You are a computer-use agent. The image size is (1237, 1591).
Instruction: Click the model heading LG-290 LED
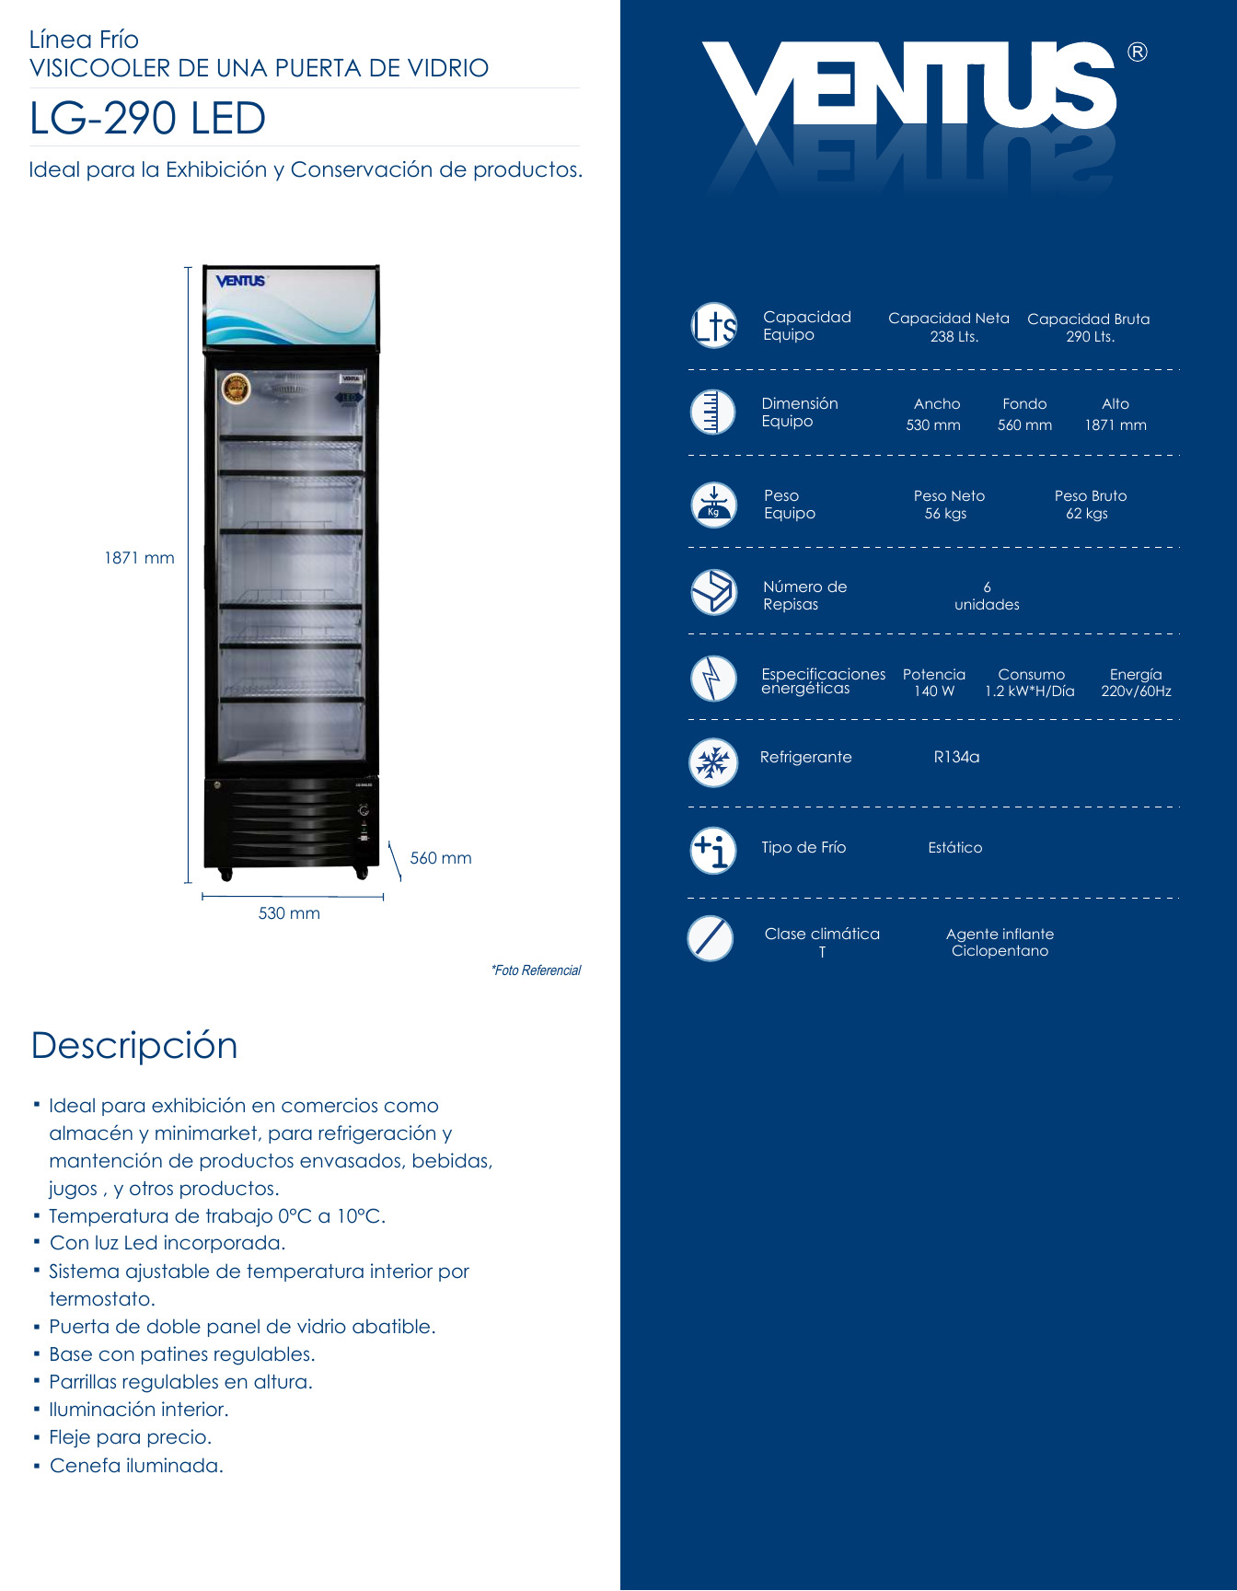coord(147,119)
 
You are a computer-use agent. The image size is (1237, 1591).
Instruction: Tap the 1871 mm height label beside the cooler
coord(139,558)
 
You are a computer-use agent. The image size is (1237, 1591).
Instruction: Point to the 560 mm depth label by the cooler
coord(440,858)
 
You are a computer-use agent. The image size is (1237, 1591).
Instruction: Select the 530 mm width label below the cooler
coord(289,913)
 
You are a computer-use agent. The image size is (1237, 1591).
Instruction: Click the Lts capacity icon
coord(714,326)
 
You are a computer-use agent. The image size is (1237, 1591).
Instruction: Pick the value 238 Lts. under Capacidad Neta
coord(954,337)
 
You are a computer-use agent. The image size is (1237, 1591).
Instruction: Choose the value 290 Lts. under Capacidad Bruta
coord(1090,337)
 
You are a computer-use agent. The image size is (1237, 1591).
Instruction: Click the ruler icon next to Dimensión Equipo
coord(712,412)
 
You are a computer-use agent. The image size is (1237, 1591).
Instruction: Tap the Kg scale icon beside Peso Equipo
coord(713,505)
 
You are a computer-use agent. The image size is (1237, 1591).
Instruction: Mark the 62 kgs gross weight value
coord(1086,514)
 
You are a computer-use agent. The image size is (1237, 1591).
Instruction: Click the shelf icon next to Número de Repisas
coord(713,592)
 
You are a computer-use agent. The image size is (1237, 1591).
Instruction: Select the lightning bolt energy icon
coord(713,679)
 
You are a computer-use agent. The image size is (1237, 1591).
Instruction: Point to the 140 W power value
coord(933,691)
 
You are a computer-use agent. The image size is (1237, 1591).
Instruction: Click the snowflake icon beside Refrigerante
coord(713,762)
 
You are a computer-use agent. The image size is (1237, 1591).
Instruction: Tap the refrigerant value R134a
coord(956,757)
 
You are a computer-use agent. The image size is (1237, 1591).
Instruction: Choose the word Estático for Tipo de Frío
coord(954,847)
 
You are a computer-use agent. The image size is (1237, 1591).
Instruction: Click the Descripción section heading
coord(134,1046)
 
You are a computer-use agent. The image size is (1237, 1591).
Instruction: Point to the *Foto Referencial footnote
coord(536,970)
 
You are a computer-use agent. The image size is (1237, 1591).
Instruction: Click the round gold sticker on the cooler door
coord(237,389)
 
